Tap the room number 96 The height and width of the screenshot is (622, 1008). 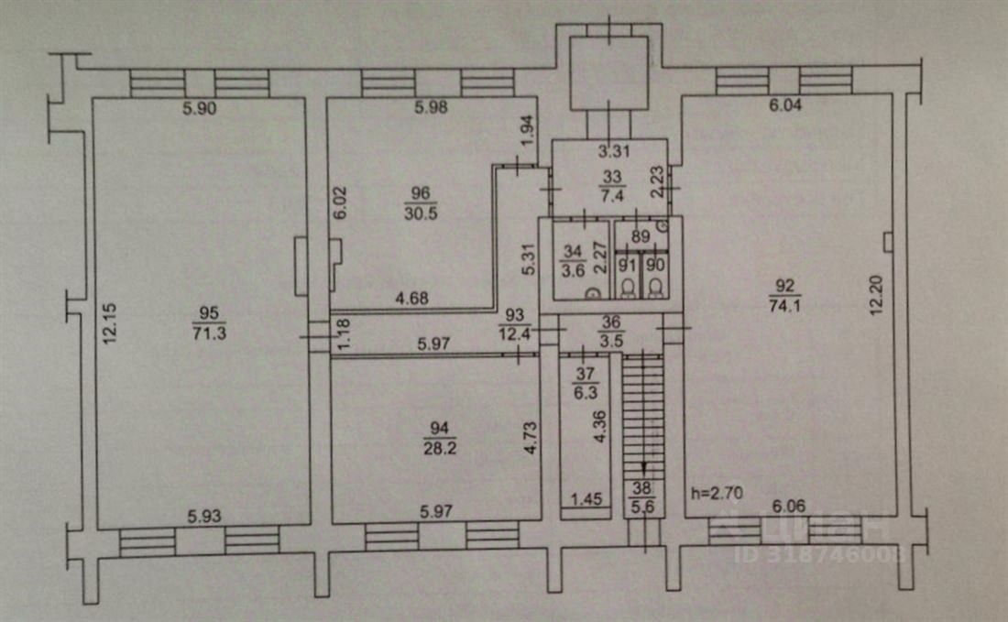click(422, 193)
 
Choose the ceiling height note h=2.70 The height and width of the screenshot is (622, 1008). click(716, 493)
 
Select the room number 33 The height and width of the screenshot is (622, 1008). click(608, 177)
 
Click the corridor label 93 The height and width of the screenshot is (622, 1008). click(513, 315)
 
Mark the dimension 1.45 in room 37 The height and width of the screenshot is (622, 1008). click(587, 500)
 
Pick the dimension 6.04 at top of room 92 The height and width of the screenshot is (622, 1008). click(784, 106)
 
